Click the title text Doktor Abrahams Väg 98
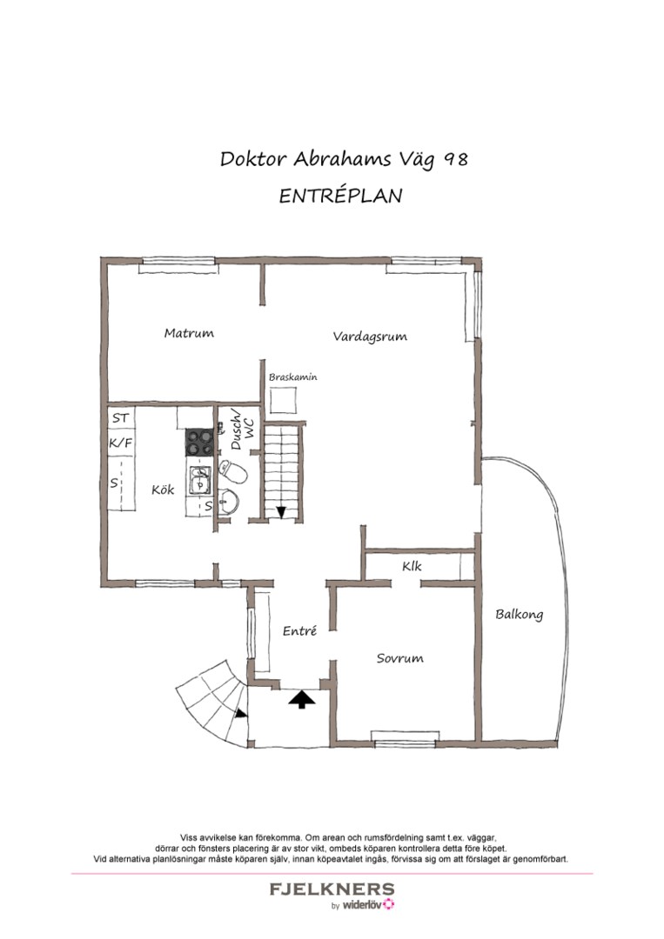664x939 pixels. [344, 160]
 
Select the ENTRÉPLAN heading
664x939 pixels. [340, 196]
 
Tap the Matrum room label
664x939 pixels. [189, 333]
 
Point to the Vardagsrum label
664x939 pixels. [370, 336]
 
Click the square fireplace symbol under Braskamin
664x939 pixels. [284, 401]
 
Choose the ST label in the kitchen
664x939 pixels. [120, 418]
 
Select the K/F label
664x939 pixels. [120, 443]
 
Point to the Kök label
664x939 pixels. [163, 490]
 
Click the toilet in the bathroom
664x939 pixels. [233, 471]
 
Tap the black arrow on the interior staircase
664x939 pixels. [281, 511]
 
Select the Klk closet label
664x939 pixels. [412, 567]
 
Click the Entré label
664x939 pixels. [298, 631]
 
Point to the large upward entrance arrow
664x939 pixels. [302, 698]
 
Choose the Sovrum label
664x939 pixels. [399, 658]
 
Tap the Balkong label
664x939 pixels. [519, 615]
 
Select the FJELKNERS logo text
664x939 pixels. [332, 889]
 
